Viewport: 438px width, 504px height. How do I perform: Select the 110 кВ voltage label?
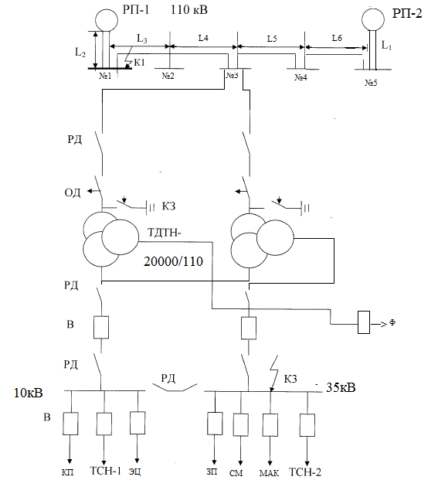[x=188, y=10]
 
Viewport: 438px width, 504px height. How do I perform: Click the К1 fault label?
[x=139, y=63]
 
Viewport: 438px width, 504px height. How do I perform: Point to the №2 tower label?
[x=168, y=76]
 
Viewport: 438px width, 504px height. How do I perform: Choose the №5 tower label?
[x=371, y=83]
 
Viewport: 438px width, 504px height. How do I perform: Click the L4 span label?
[x=203, y=38]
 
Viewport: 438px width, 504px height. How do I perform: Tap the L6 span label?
[x=337, y=38]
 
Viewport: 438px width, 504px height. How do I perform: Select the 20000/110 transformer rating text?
[x=173, y=261]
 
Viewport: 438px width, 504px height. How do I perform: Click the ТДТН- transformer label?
[x=164, y=232]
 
